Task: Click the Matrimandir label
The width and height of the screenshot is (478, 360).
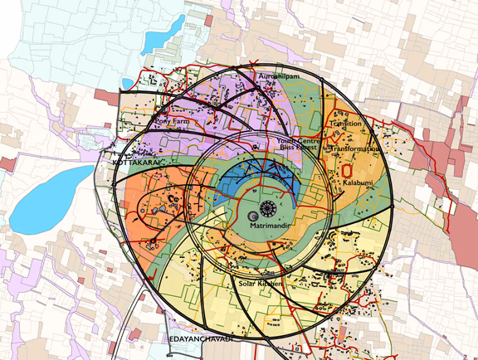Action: click(x=267, y=224)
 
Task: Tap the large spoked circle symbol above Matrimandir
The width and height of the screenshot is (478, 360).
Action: click(x=268, y=206)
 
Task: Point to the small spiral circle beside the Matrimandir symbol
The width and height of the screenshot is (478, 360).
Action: click(x=253, y=216)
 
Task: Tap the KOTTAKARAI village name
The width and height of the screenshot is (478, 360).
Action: click(x=137, y=164)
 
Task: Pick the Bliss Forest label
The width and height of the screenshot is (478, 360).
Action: click(x=297, y=148)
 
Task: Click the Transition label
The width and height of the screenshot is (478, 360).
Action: click(x=345, y=124)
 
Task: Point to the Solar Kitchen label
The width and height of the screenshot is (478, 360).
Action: click(x=261, y=284)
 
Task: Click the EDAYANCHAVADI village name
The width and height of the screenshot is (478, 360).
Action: click(x=201, y=339)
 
